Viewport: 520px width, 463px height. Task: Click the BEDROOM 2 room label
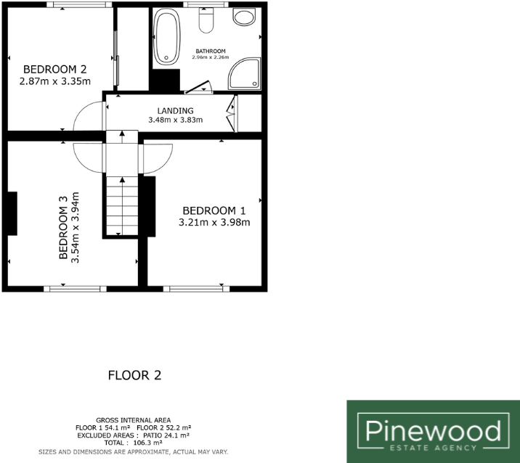[55, 70]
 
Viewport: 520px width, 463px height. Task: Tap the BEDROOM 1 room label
[214, 210]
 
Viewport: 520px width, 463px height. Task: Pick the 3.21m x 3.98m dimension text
[214, 223]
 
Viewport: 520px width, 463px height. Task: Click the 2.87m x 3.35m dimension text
[55, 81]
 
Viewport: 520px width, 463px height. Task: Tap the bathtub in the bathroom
[168, 36]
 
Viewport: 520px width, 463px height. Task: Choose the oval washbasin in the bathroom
[243, 17]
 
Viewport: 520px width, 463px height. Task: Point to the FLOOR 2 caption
[134, 375]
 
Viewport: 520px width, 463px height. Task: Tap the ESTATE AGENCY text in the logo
[433, 447]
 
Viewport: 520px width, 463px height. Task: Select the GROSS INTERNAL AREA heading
[134, 420]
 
